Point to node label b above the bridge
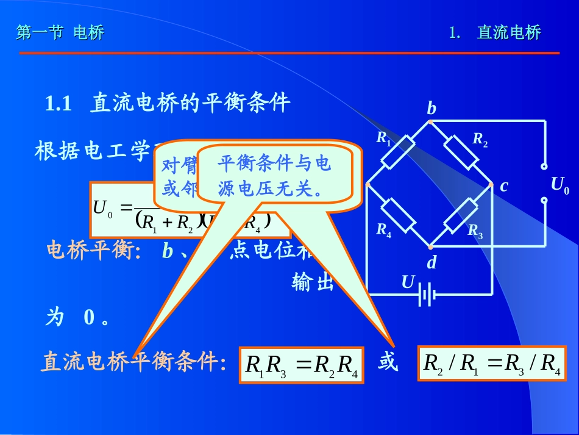[432, 109]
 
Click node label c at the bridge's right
[504, 186]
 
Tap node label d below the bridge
[432, 263]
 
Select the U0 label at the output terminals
[559, 185]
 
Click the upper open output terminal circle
[544, 166]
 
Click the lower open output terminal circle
[544, 199]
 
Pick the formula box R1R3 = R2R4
[302, 365]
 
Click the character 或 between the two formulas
[388, 363]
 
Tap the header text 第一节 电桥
[60, 33]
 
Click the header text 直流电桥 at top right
[509, 33]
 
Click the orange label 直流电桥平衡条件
[133, 362]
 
